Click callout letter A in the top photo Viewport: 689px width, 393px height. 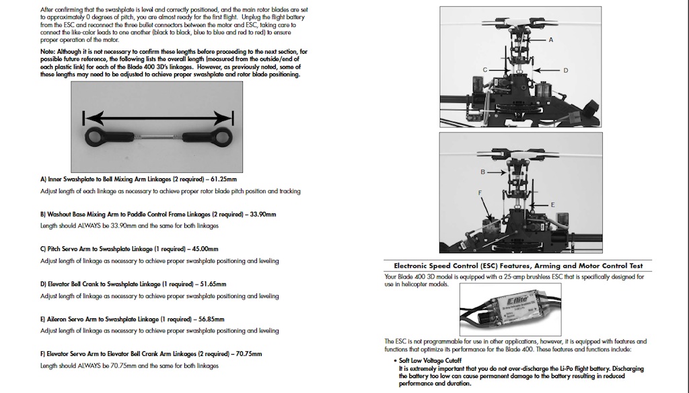[550, 40]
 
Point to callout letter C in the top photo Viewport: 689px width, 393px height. [484, 69]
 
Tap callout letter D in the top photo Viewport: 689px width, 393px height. [565, 69]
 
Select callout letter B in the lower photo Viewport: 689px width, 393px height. [482, 172]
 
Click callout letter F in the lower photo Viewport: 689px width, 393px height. [480, 192]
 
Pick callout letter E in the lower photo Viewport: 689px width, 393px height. [552, 203]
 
